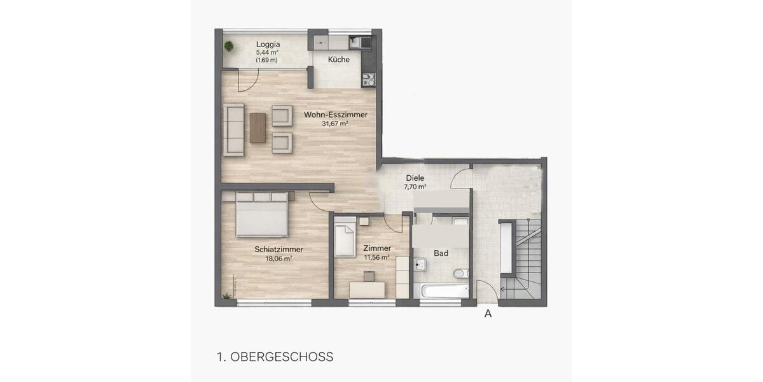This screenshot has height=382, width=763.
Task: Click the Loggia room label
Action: point(268,44)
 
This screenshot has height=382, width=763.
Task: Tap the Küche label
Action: point(338,60)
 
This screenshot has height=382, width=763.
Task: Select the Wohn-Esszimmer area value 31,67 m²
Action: point(335,124)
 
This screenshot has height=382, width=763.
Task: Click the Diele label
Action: point(415,178)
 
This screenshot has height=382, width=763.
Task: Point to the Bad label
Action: point(441,253)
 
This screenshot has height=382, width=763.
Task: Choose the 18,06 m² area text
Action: point(278,258)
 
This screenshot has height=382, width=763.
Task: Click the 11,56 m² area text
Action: point(376,258)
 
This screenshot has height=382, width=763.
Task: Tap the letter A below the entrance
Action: point(488,313)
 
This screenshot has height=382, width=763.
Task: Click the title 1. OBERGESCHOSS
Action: point(275,357)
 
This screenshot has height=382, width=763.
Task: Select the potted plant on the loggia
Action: point(228,46)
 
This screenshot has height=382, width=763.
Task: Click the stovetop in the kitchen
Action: point(368,80)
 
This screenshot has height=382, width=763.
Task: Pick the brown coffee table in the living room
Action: point(257,127)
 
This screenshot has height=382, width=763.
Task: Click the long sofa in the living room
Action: point(233,129)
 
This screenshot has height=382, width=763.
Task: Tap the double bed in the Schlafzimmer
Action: point(261,214)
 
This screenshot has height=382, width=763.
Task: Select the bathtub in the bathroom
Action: point(441,291)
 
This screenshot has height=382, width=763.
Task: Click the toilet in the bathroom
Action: point(460,274)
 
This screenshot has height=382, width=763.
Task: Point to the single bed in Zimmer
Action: point(345,237)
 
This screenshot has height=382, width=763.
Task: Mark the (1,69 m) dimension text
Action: point(267,60)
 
